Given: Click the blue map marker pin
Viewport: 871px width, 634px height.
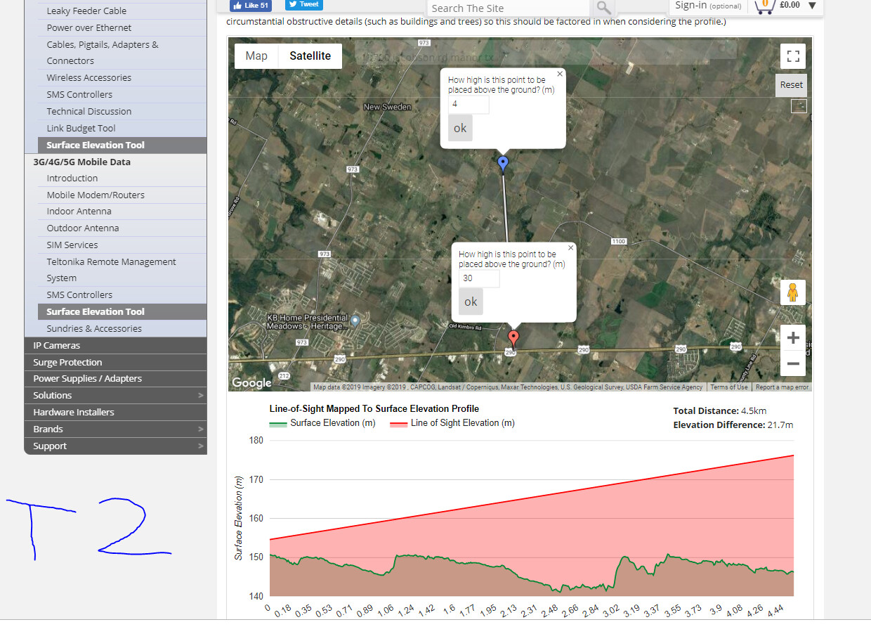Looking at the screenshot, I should [x=503, y=163].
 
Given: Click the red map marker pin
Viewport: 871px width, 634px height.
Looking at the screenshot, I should [x=513, y=338].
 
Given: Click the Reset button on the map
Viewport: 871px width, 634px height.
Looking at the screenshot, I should [x=791, y=85].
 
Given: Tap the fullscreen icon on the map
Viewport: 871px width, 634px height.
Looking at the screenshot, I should [x=793, y=56].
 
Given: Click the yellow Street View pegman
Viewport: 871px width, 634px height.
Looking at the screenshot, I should [x=793, y=292].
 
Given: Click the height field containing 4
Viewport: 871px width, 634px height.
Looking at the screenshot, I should [x=469, y=104].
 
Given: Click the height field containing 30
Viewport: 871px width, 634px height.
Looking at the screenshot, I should [x=479, y=278].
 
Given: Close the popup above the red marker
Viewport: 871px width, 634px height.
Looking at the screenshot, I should [x=570, y=247].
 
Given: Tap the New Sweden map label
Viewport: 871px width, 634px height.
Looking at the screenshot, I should [x=387, y=107].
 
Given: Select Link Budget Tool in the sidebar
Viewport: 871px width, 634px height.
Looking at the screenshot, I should [x=81, y=128].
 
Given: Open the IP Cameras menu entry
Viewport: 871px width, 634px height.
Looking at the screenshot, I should [x=57, y=345].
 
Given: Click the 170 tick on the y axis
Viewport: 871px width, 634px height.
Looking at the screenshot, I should [x=256, y=480].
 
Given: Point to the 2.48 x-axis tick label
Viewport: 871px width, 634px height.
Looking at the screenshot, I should [x=549, y=609].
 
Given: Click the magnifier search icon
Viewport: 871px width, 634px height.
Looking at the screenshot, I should [x=603, y=8].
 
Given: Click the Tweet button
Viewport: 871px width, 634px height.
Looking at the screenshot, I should [x=304, y=4].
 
